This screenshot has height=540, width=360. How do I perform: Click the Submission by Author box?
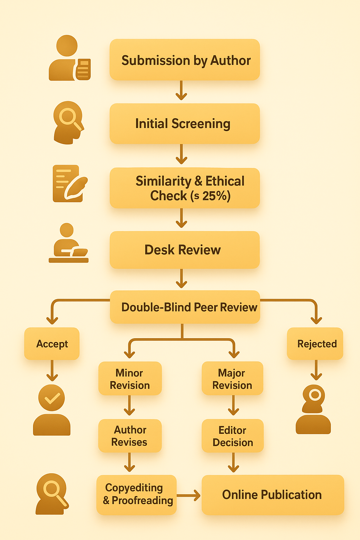[185, 60]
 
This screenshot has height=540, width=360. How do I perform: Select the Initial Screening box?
[185, 123]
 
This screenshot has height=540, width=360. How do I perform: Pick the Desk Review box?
[185, 250]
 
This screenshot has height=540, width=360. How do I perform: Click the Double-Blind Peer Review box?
[185, 307]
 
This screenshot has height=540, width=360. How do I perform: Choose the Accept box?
[52, 343]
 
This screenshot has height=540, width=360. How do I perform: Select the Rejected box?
[315, 343]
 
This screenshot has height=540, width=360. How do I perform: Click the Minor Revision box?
[130, 379]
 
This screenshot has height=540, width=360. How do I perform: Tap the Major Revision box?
[232, 379]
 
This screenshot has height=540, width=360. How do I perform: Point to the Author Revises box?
[130, 436]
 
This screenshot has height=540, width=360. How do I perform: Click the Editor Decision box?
[232, 436]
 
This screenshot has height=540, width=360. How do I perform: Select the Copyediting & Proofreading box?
[136, 494]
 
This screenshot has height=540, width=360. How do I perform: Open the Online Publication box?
[272, 495]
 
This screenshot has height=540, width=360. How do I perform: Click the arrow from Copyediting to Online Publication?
[189, 495]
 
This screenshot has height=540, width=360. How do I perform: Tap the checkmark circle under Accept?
[52, 398]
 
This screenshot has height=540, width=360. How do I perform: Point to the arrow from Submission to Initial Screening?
[181, 91]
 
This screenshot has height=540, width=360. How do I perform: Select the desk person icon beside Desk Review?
[69, 243]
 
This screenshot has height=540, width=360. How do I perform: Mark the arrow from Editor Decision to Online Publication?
[233, 463]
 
